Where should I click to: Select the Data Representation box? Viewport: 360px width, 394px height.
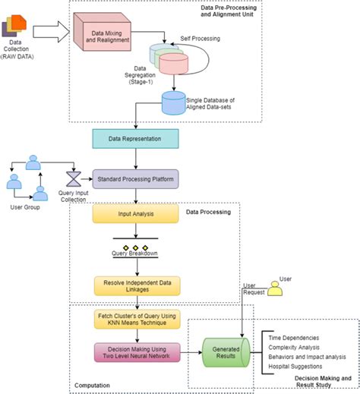click(135, 138)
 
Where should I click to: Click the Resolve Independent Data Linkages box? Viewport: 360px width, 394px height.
click(134, 286)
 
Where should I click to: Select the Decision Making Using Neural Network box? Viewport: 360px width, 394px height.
click(135, 353)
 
